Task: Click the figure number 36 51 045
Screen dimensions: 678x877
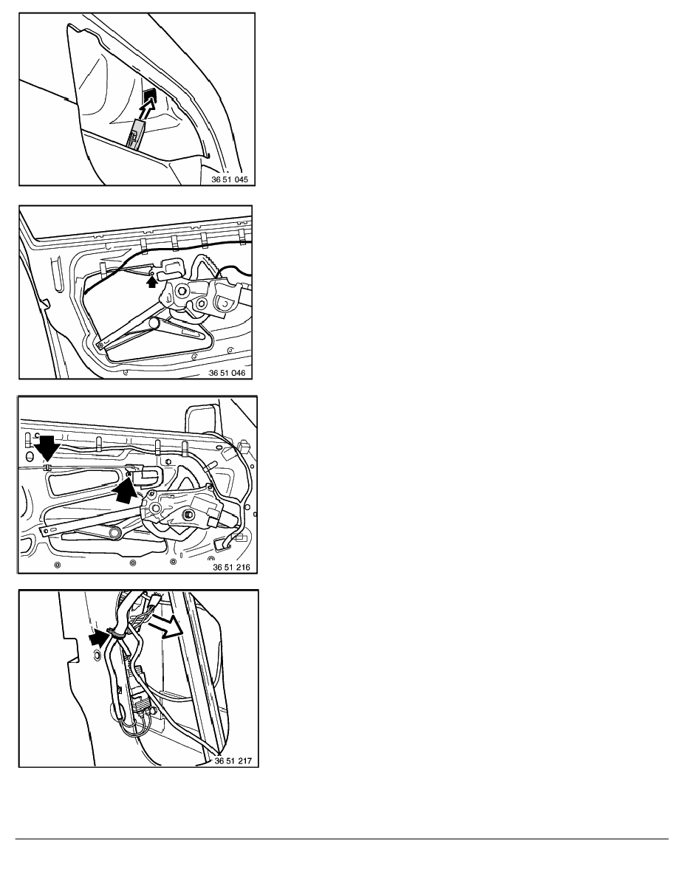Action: tap(230, 179)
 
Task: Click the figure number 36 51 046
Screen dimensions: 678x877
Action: tap(227, 373)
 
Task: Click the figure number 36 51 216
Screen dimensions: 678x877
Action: tap(231, 567)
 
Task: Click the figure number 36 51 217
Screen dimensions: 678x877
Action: tap(233, 760)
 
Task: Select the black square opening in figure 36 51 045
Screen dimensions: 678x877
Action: tap(148, 96)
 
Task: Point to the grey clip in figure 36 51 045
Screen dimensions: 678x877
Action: tap(137, 134)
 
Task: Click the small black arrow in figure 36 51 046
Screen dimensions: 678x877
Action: tap(151, 282)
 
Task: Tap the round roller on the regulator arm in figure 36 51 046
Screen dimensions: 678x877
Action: tap(154, 323)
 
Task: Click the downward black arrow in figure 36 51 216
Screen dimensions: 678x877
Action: tap(47, 447)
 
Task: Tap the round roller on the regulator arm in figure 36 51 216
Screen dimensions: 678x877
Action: tap(115, 533)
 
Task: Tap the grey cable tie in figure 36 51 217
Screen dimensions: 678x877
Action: tap(115, 633)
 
